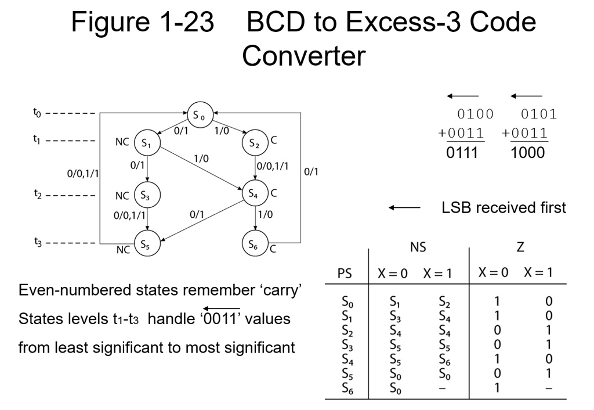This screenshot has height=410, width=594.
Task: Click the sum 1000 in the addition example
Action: [x=528, y=153]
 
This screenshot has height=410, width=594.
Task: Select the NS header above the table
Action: [x=418, y=247]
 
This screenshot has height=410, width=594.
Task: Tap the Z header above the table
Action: [x=520, y=247]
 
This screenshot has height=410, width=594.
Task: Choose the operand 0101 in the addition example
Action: [x=538, y=114]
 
